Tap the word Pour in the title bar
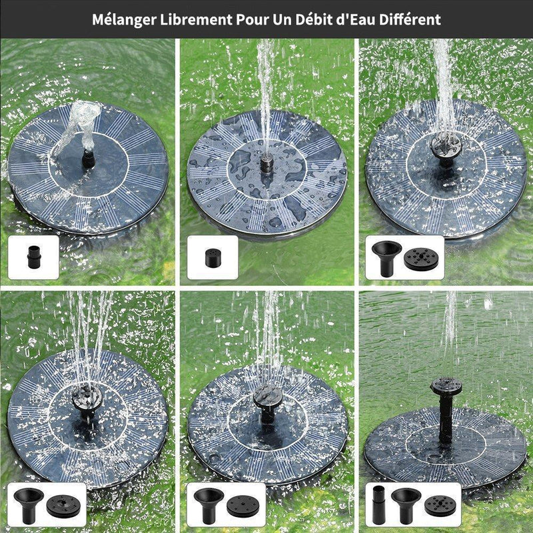click(x=251, y=19)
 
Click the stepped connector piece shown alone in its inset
click(x=33, y=257)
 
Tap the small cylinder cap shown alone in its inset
click(x=212, y=257)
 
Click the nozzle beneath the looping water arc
click(x=85, y=161)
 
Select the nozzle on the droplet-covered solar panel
click(x=266, y=161)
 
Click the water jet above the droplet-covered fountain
click(x=265, y=87)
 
